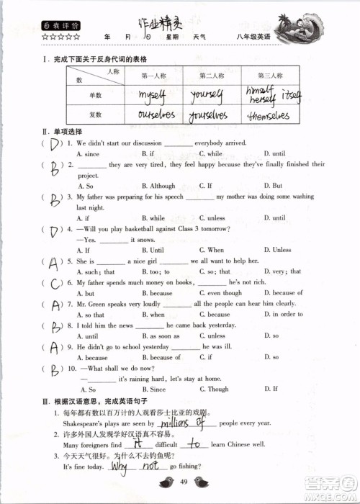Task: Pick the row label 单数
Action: pos(95,95)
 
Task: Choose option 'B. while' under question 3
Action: pos(153,217)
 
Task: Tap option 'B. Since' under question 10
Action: pos(153,389)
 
